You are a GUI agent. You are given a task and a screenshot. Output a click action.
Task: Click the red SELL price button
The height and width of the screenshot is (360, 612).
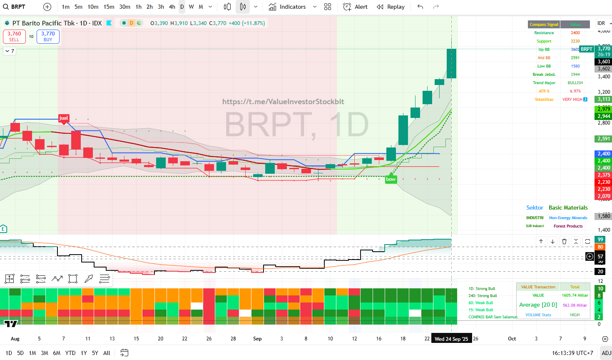click(x=14, y=36)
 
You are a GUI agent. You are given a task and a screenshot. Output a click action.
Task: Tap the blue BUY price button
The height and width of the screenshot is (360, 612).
click(x=48, y=36)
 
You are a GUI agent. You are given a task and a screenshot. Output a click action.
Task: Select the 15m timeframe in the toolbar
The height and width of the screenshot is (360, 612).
click(x=109, y=7)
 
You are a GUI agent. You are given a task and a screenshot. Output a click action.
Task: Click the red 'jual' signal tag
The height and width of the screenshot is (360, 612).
click(x=64, y=118)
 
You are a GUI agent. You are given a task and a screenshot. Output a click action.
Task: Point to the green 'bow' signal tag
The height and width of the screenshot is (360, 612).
click(x=391, y=179)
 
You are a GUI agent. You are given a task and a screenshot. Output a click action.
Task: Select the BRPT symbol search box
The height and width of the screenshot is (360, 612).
click(x=18, y=7)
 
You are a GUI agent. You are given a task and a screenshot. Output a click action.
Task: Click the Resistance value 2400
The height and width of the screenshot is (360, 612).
click(x=575, y=33)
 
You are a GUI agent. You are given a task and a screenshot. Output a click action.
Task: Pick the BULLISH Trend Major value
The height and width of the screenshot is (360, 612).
click(x=575, y=83)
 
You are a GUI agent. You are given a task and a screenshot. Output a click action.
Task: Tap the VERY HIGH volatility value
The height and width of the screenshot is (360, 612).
click(x=572, y=100)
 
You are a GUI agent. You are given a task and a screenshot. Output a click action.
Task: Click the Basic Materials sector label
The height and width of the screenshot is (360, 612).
click(x=568, y=207)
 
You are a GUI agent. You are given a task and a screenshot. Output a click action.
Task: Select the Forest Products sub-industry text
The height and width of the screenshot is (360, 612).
click(x=568, y=226)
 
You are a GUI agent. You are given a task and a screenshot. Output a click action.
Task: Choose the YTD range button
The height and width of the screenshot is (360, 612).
click(x=70, y=353)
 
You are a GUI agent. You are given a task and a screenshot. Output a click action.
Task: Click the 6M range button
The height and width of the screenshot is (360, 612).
click(x=57, y=353)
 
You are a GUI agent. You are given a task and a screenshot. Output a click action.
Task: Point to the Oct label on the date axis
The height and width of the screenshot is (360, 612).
click(x=512, y=339)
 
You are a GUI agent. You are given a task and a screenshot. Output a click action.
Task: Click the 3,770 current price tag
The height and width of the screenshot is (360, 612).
click(x=604, y=49)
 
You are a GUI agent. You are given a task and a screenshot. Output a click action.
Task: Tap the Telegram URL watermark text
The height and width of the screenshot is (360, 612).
click(x=283, y=102)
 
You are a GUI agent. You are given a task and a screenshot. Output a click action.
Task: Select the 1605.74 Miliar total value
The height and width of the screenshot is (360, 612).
click(x=575, y=295)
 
